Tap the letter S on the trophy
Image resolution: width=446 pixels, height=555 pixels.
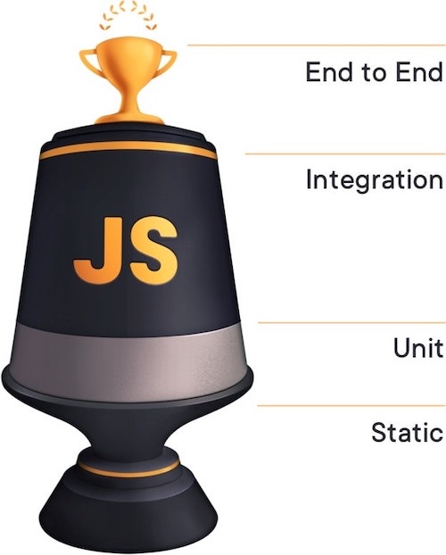[x=153, y=251]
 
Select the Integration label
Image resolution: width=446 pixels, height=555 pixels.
[x=375, y=180]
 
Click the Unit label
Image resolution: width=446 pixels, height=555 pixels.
[x=418, y=347]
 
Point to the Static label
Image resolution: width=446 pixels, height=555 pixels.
[x=408, y=431]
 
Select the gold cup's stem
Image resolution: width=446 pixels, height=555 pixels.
[x=129, y=101]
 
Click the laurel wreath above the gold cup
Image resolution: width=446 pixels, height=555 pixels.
[x=128, y=14]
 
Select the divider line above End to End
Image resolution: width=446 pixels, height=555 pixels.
[x=316, y=46]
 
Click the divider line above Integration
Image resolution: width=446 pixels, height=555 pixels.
[x=345, y=154]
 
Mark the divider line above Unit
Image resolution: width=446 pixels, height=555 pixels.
[x=351, y=322]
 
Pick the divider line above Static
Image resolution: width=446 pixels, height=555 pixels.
[x=351, y=406]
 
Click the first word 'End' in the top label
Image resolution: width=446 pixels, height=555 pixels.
[x=329, y=72]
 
